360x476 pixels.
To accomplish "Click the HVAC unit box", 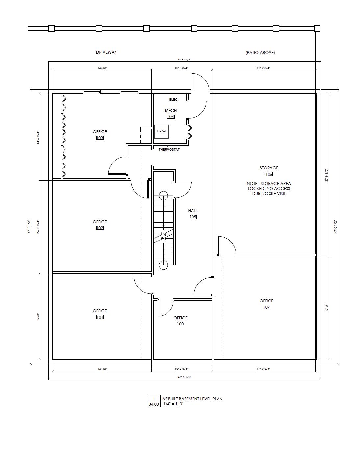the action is click(x=162, y=131).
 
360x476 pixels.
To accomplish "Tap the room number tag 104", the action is click(x=171, y=117).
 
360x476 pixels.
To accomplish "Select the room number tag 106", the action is click(x=269, y=174).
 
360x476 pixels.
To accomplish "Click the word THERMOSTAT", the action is click(x=169, y=150).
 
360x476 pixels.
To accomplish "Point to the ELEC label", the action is click(x=173, y=100).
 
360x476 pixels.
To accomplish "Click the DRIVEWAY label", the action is click(x=106, y=52).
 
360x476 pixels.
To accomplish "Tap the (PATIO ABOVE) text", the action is click(x=260, y=52).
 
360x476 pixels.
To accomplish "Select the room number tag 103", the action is click(x=100, y=138).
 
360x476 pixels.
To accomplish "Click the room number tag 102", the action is click(x=100, y=228).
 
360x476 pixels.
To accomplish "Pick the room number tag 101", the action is click(x=100, y=317).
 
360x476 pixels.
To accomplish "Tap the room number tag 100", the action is click(x=180, y=324).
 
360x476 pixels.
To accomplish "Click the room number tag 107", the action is click(x=267, y=307).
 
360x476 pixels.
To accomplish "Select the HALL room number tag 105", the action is click(x=193, y=217).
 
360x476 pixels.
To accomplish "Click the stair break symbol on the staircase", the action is click(x=164, y=236).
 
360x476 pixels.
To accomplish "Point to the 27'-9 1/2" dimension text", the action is click(x=327, y=175).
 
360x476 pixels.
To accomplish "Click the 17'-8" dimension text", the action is click(x=327, y=308).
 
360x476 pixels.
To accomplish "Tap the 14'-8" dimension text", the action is click(x=39, y=317).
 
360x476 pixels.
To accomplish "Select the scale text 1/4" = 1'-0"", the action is click(x=173, y=404).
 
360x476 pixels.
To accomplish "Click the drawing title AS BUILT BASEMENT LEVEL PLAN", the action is click(x=192, y=399).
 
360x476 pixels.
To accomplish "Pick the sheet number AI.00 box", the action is click(x=154, y=404).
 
